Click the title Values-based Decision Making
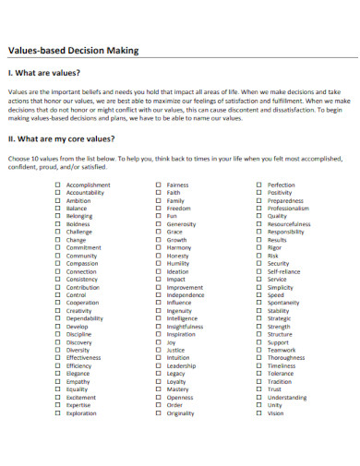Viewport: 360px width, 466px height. coord(73,51)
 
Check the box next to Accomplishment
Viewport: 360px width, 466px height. coord(58,185)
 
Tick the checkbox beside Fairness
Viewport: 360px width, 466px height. coord(158,185)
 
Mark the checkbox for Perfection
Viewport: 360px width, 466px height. coord(258,185)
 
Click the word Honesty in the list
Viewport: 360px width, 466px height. coord(179,256)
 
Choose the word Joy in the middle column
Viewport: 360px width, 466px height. coord(171,342)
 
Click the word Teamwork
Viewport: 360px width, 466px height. coord(282,350)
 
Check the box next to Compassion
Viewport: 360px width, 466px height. coord(58,263)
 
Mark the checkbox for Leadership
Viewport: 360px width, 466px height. coord(158,365)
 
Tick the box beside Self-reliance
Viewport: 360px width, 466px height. coord(258,271)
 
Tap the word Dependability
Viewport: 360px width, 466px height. coord(85,318)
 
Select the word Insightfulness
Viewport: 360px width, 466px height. coord(185,327)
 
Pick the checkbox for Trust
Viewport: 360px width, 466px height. coord(258,389)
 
